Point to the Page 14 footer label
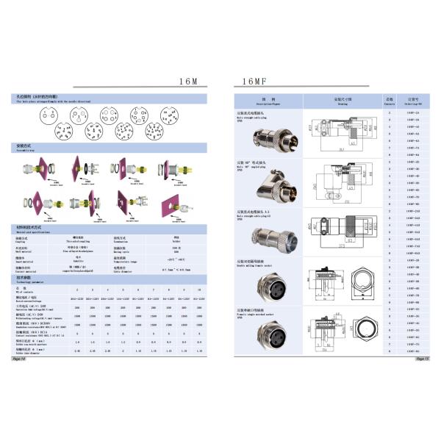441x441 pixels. tap(19, 360)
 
